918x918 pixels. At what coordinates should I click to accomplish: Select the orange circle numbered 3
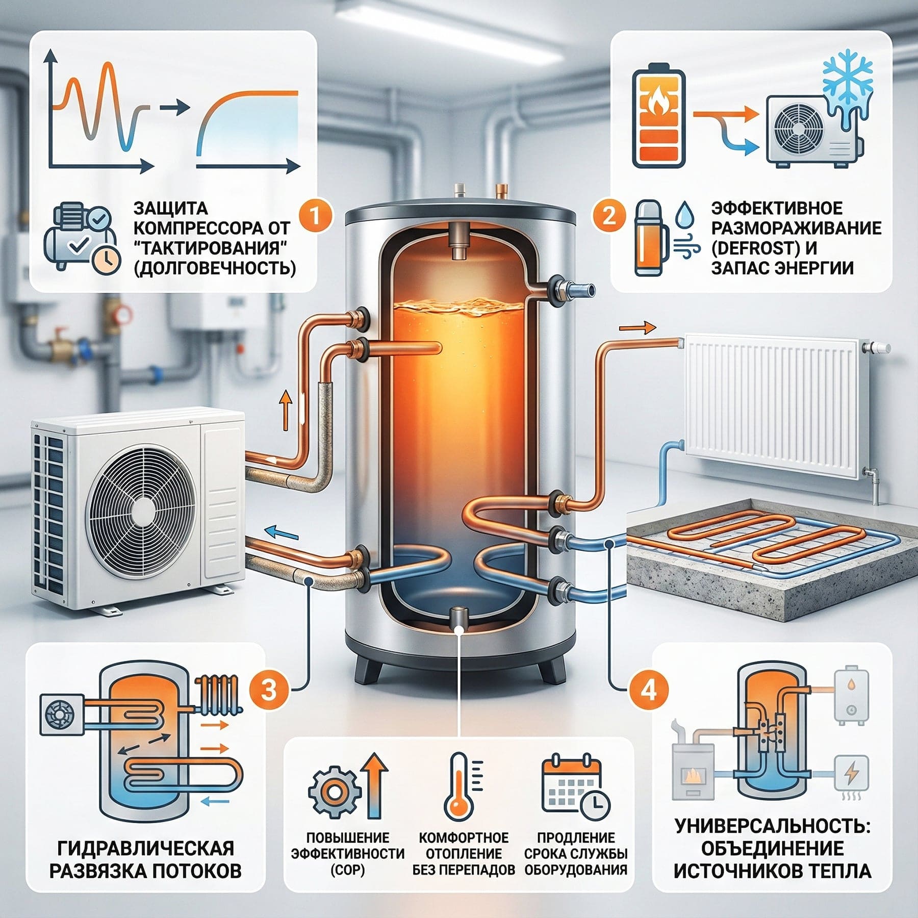pyautogui.click(x=269, y=691)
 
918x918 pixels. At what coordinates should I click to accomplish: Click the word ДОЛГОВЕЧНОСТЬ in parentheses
pyautogui.click(x=215, y=268)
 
